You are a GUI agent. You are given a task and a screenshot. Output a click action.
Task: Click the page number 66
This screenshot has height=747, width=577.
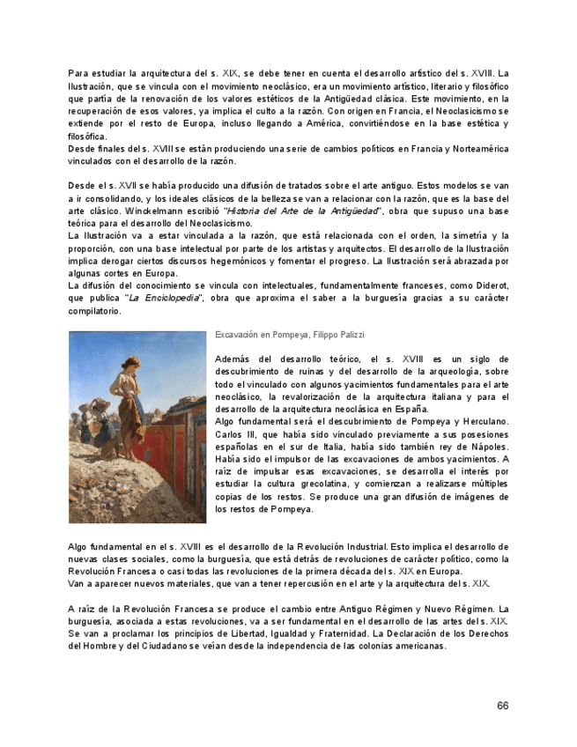point(502,706)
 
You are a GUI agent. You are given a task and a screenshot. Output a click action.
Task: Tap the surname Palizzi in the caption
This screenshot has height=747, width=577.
point(347,336)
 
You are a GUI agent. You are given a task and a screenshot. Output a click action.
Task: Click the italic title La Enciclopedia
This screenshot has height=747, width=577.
point(164,299)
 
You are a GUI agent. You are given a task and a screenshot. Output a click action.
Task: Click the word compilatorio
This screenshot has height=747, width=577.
point(94,311)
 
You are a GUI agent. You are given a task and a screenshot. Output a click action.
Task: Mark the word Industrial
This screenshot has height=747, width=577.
point(356,547)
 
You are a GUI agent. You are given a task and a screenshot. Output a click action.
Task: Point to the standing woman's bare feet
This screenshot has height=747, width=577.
point(133,454)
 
